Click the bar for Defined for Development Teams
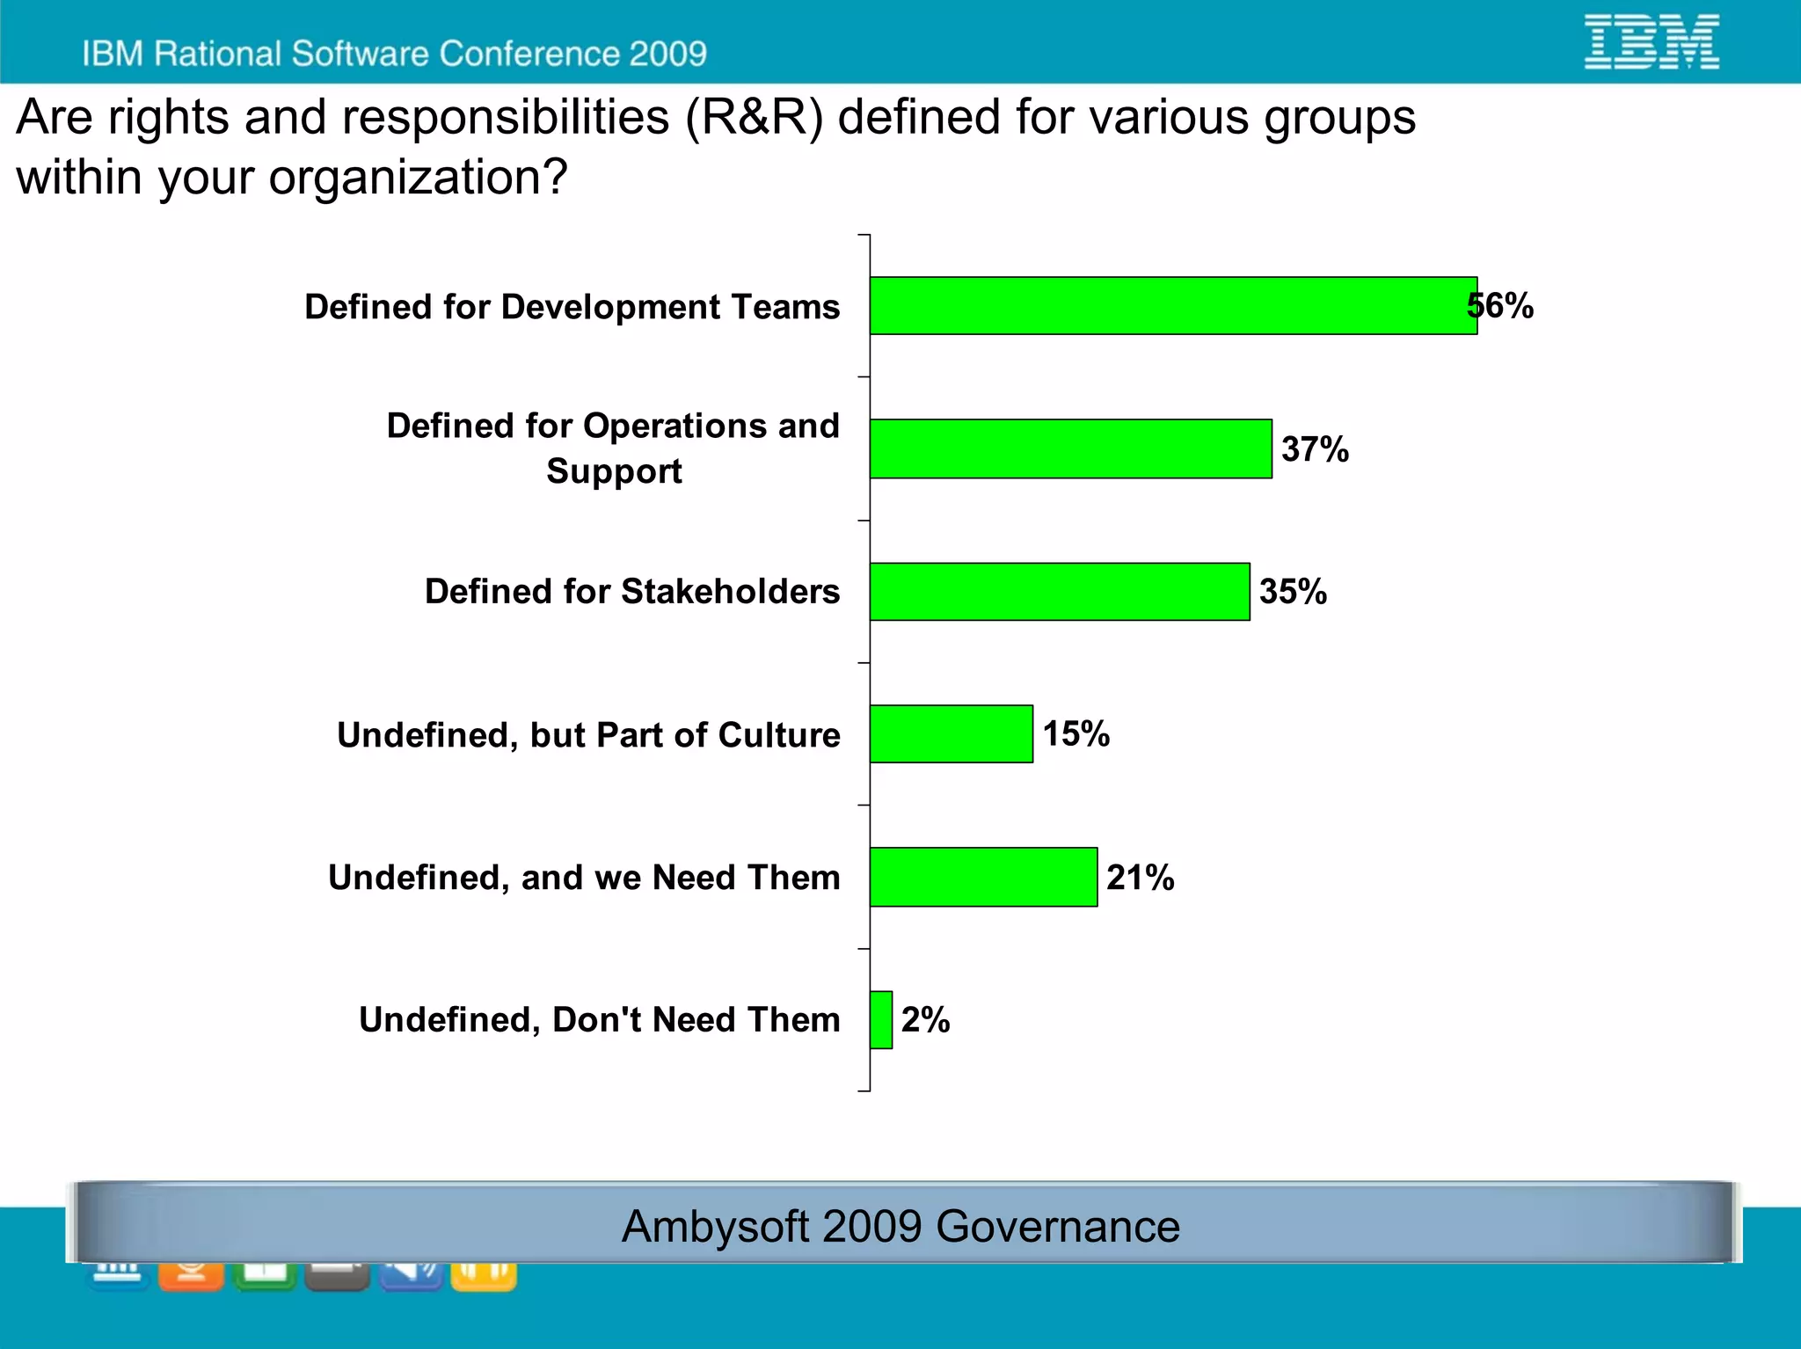(1173, 306)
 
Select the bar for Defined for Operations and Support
(1070, 448)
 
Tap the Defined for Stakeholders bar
(1060, 592)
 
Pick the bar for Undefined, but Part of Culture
(951, 733)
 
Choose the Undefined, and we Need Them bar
(983, 877)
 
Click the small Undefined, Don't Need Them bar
(881, 1020)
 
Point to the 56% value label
(1501, 306)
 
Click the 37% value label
(1315, 449)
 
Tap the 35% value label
(1293, 591)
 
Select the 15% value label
(1076, 733)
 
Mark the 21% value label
(1141, 878)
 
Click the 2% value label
(925, 1020)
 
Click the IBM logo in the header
(1652, 41)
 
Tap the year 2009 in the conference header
(667, 54)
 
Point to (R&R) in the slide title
(755, 118)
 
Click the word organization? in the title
(418, 177)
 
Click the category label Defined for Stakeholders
(632, 592)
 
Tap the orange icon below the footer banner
(191, 1275)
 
